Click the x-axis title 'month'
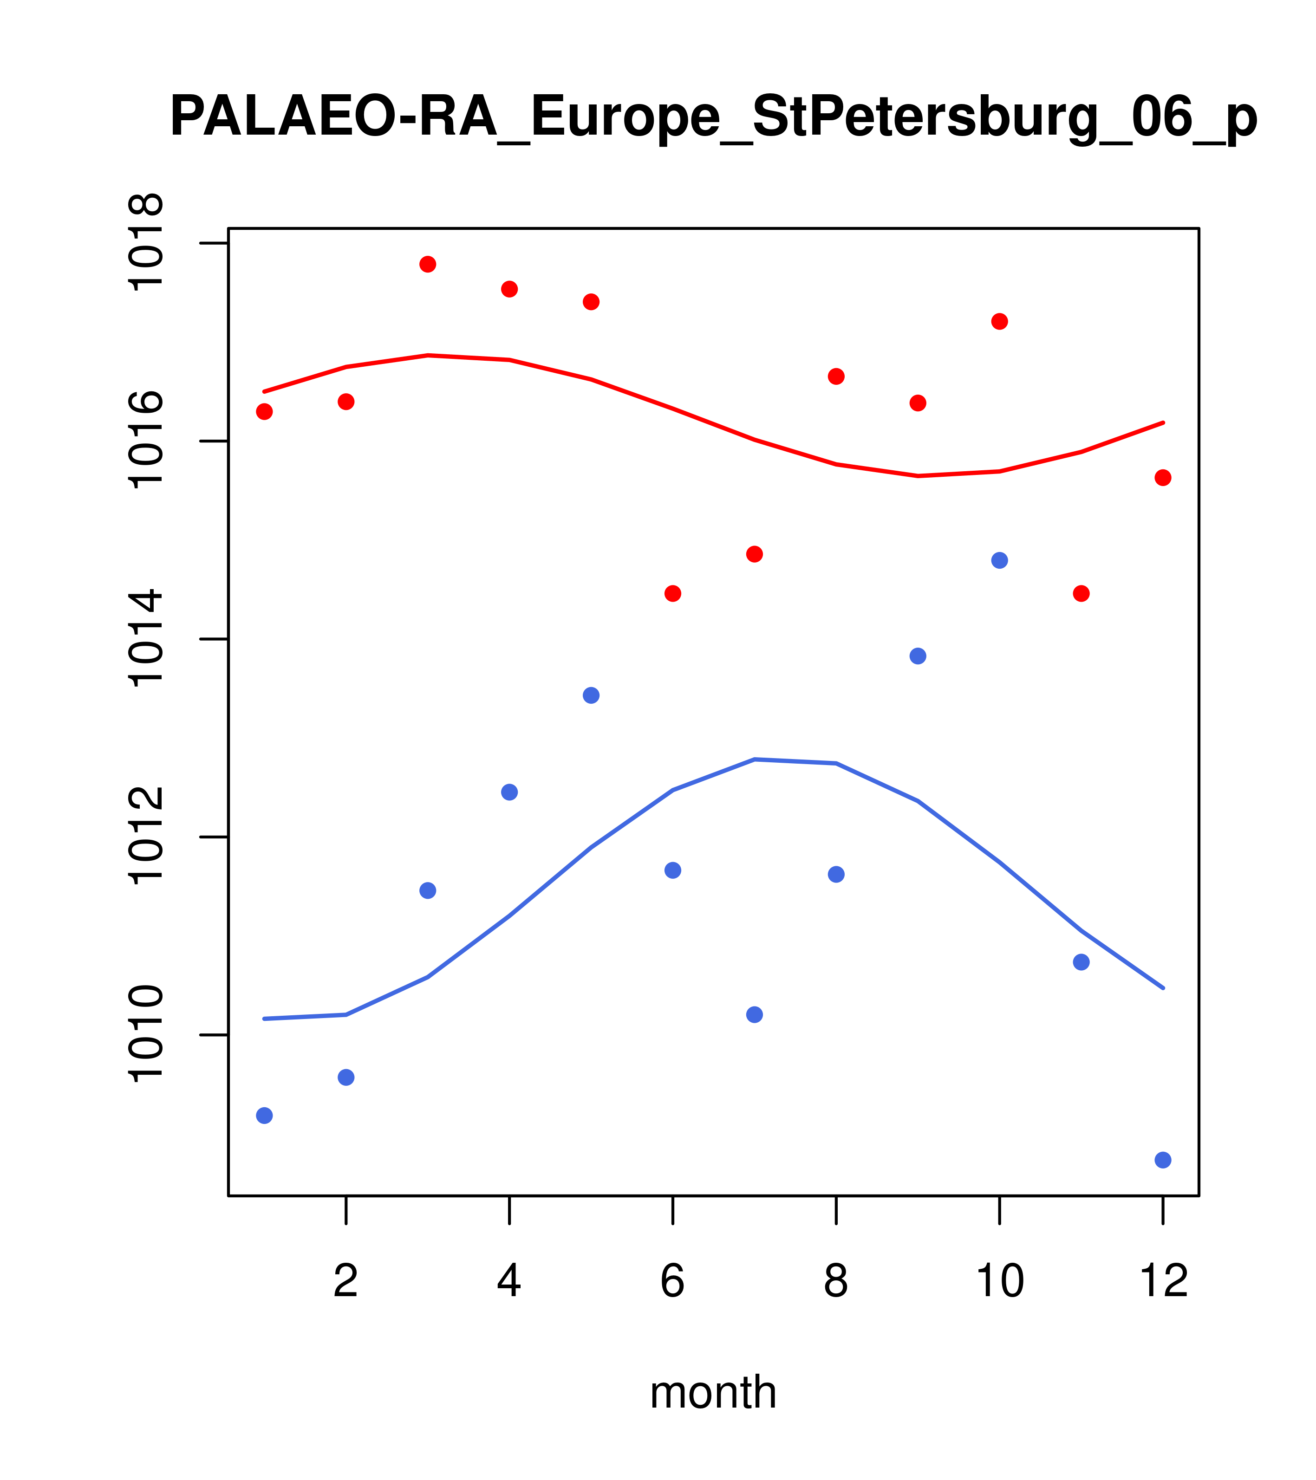[x=713, y=1392]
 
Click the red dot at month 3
[x=428, y=264]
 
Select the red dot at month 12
[x=1163, y=478]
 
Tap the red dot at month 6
[x=673, y=594]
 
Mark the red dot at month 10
[x=999, y=322]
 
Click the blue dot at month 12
[x=1163, y=1161]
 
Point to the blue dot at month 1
[x=264, y=1116]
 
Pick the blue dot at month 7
[x=755, y=1015]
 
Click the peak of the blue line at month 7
[x=755, y=759]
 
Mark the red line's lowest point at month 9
[x=918, y=476]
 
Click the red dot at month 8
[x=836, y=376]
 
